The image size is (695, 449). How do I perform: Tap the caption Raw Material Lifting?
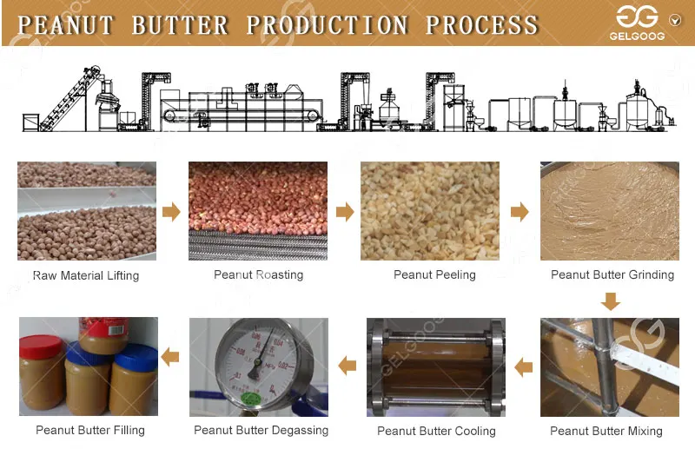(x=86, y=275)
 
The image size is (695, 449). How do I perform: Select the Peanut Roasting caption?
(x=258, y=274)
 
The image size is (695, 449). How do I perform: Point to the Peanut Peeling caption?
(x=434, y=274)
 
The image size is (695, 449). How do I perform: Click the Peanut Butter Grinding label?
(x=612, y=274)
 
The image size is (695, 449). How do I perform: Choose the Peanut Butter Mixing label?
(x=606, y=431)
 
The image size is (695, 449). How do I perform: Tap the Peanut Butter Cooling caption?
(x=436, y=431)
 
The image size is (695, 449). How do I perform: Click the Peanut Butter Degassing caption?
(x=261, y=430)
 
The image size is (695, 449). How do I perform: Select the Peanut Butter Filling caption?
(x=90, y=430)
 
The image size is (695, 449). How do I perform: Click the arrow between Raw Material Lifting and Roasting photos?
(x=172, y=211)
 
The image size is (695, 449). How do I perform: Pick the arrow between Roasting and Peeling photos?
(x=345, y=211)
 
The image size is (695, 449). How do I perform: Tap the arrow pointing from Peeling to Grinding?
(x=520, y=211)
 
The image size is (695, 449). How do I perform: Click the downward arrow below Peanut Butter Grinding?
(x=612, y=301)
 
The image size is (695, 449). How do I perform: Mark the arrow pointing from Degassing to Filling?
(x=171, y=356)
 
